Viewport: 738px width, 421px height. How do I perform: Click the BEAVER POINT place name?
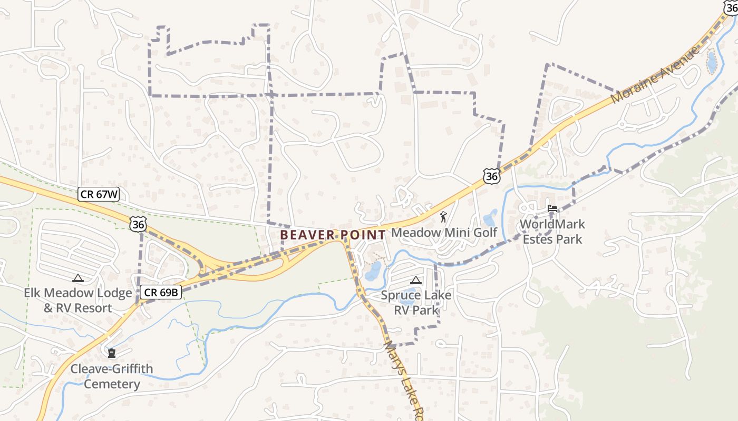pos(333,235)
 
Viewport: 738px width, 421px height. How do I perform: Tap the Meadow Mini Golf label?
pos(444,232)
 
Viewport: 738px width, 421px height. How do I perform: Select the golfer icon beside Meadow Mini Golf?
pos(443,216)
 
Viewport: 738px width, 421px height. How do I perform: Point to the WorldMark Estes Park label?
pos(552,232)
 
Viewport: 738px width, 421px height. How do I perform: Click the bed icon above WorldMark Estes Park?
pos(552,208)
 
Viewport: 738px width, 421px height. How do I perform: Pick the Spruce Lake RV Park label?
pos(416,302)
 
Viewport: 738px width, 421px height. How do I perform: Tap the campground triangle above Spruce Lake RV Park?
pos(416,280)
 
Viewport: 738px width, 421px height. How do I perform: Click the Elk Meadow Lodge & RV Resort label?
pos(78,300)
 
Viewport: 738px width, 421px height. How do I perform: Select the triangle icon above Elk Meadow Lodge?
pos(78,278)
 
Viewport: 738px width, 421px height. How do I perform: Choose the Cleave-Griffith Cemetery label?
pos(112,376)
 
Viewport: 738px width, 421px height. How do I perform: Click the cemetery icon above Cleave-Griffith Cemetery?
pos(112,353)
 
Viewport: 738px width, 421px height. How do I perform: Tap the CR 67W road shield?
pos(99,194)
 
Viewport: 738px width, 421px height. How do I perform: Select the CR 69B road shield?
pos(161,292)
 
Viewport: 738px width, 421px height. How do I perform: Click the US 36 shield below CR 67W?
pos(138,225)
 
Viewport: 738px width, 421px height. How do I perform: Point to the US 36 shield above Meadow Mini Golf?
pos(491,176)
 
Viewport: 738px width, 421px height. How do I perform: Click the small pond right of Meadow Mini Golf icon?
pos(490,218)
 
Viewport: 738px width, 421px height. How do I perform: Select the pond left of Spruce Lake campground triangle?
pos(373,271)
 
